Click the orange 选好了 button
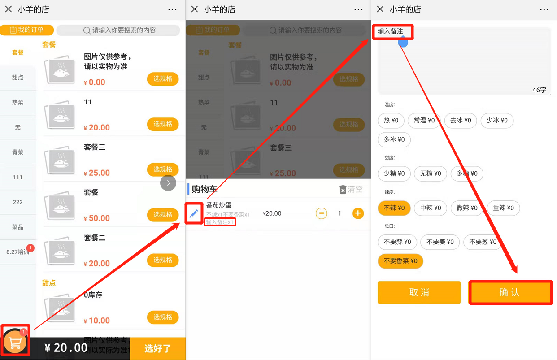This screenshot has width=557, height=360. click(x=157, y=348)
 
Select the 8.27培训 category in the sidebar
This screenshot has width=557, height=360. click(x=18, y=252)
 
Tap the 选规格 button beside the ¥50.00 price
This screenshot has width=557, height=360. click(x=163, y=215)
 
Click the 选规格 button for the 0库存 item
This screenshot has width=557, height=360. click(x=163, y=317)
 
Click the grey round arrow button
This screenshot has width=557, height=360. click(x=168, y=183)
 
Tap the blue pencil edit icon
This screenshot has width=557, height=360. click(x=194, y=214)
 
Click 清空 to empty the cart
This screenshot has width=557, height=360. click(x=351, y=189)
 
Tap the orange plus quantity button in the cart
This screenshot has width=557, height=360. click(x=358, y=213)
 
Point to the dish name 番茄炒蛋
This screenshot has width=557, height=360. click(x=219, y=205)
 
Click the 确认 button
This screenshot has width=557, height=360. click(x=509, y=292)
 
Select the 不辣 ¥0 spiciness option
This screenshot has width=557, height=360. click(x=394, y=208)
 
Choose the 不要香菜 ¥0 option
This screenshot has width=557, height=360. click(x=400, y=261)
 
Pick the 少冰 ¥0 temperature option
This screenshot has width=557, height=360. click(x=497, y=121)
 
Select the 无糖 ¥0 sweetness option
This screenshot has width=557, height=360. click(x=431, y=173)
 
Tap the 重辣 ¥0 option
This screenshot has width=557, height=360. click(x=503, y=208)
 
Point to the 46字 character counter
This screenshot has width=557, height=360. click(x=539, y=90)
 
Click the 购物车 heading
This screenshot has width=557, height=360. click(x=205, y=189)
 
